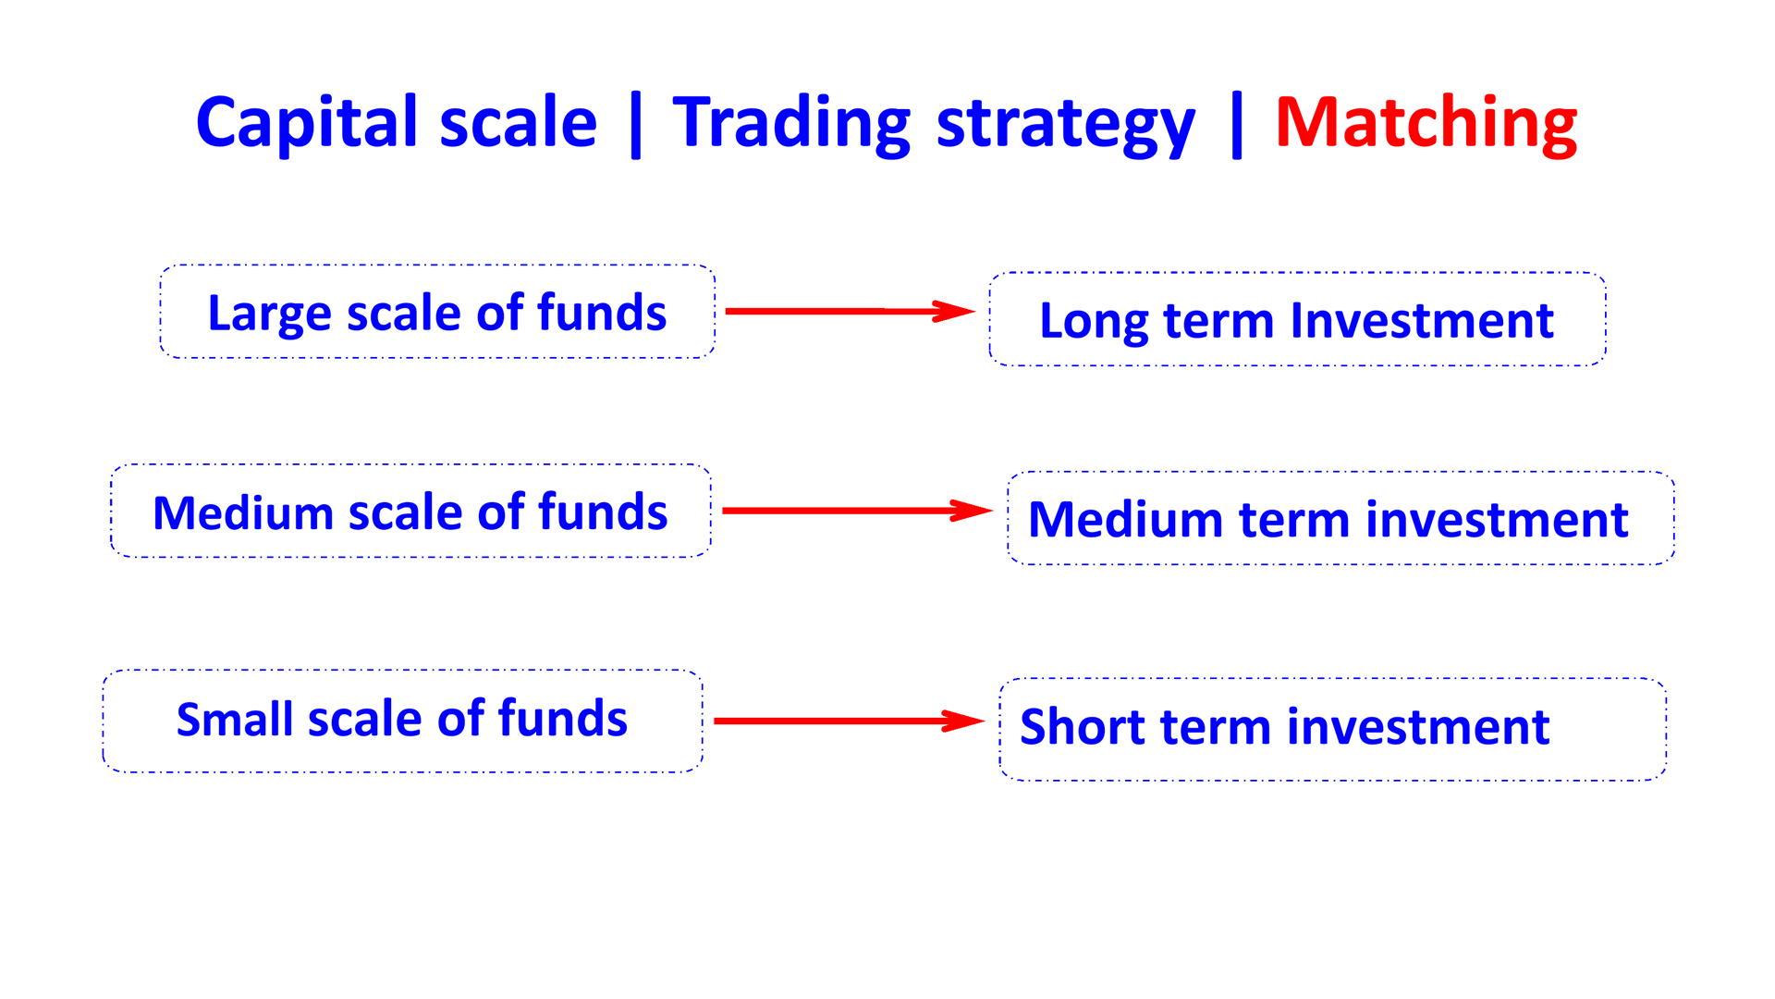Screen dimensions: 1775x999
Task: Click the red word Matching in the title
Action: click(1426, 124)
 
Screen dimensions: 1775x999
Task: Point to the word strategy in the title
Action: click(1066, 126)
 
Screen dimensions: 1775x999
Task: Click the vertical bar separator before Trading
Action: click(636, 126)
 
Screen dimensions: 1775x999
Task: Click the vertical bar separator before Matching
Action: click(1237, 126)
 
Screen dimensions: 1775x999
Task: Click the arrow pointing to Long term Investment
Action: click(851, 311)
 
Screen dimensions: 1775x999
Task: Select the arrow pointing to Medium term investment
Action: click(857, 511)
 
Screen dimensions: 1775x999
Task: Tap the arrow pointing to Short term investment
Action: click(850, 721)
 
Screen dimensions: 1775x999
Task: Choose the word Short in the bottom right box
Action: click(1082, 727)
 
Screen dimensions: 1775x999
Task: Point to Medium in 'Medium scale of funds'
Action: click(243, 512)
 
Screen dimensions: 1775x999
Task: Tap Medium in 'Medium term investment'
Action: click(1126, 520)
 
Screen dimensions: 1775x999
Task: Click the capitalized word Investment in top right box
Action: click(1422, 321)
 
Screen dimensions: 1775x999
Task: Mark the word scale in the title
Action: click(519, 124)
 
